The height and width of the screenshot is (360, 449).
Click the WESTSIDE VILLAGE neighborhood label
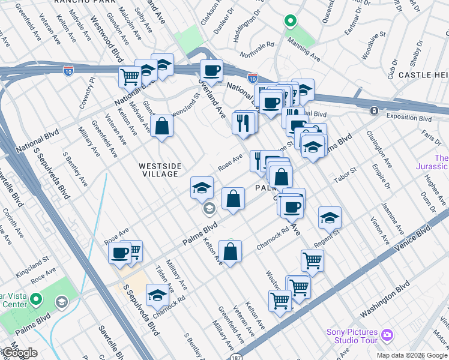[158, 170]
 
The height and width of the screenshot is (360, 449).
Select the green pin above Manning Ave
[290, 22]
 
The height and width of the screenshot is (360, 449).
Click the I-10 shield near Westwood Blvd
[68, 71]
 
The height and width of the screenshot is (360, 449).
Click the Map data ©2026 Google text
[412, 355]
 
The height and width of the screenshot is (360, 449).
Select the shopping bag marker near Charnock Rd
[230, 252]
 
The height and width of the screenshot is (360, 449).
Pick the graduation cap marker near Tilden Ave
[157, 295]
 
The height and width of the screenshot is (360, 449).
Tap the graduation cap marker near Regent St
[330, 218]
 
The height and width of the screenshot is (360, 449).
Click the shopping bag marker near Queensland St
[162, 126]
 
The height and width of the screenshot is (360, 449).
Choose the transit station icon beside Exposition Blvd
[374, 111]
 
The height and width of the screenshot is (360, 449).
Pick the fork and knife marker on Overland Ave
[243, 122]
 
